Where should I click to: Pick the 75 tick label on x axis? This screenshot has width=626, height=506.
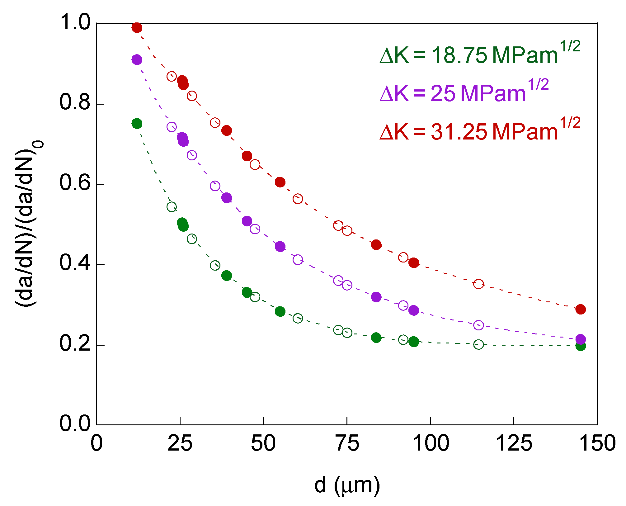pos(347,443)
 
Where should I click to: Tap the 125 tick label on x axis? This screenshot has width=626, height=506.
pos(514,443)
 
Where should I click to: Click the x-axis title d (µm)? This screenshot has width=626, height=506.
pos(347,485)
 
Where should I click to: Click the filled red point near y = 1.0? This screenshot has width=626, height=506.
pos(137,28)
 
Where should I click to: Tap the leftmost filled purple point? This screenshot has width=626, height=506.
pos(137,59)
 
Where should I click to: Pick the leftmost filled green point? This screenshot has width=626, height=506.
pos(137,124)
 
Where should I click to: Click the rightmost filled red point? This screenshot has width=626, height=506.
pos(581,309)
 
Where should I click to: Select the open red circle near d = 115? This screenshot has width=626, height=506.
pos(478,284)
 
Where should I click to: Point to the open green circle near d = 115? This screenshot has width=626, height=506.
pos(478,344)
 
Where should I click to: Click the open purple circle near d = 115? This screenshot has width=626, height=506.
pos(478,325)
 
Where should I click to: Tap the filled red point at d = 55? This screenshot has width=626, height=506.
pos(280,182)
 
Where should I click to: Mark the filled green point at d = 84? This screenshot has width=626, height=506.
pos(376,338)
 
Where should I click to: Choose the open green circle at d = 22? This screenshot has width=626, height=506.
pos(172,207)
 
